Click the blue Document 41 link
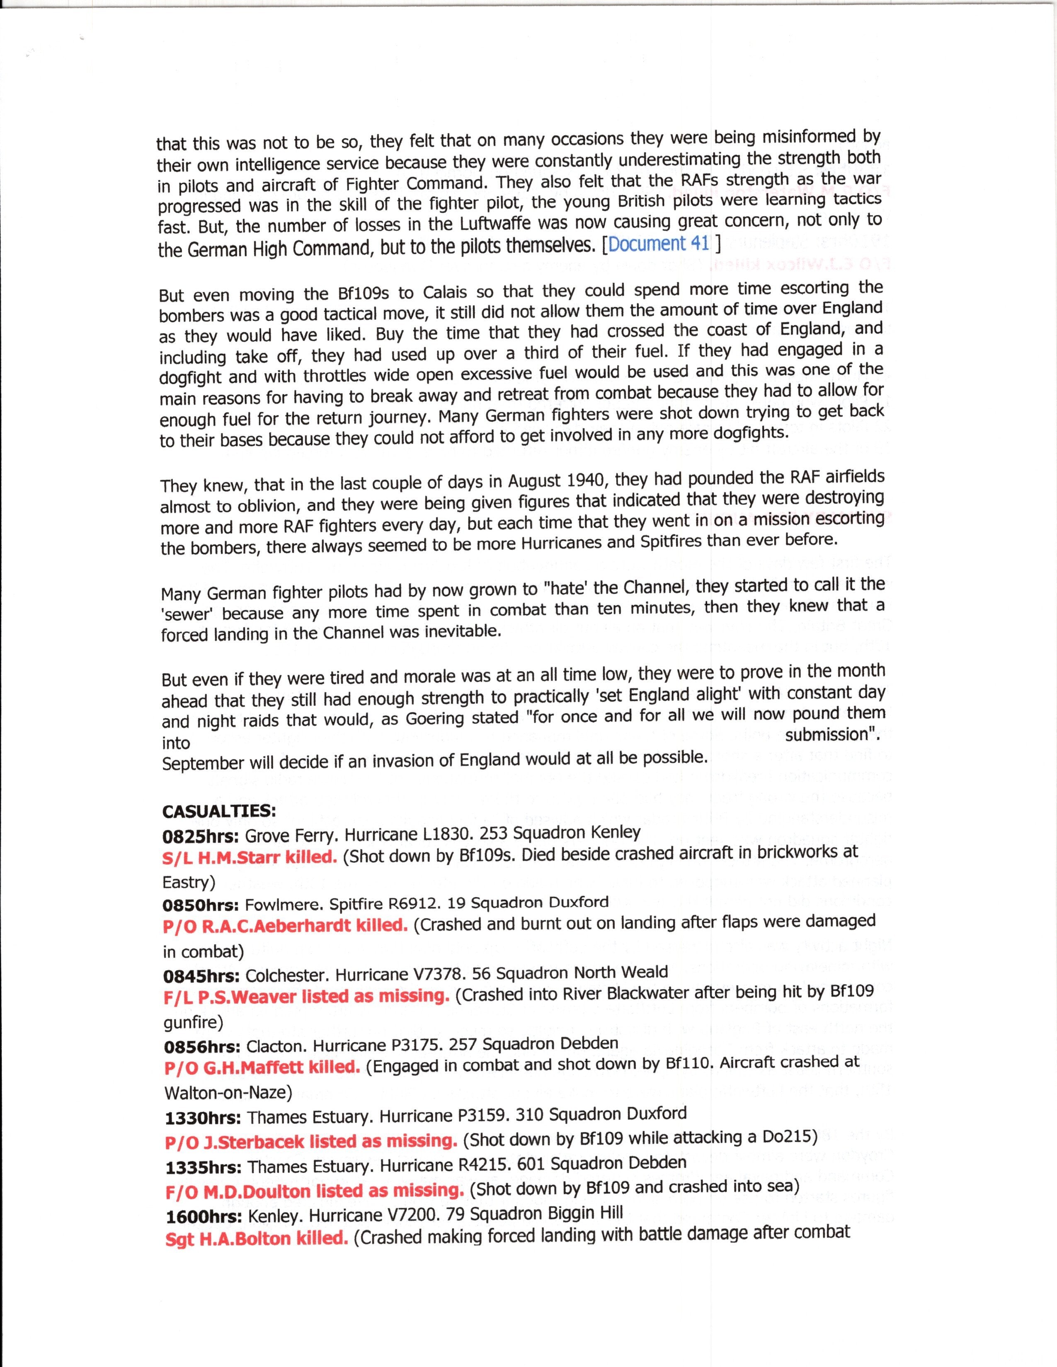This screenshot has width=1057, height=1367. [659, 244]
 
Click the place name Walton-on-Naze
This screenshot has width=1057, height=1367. [227, 1093]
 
